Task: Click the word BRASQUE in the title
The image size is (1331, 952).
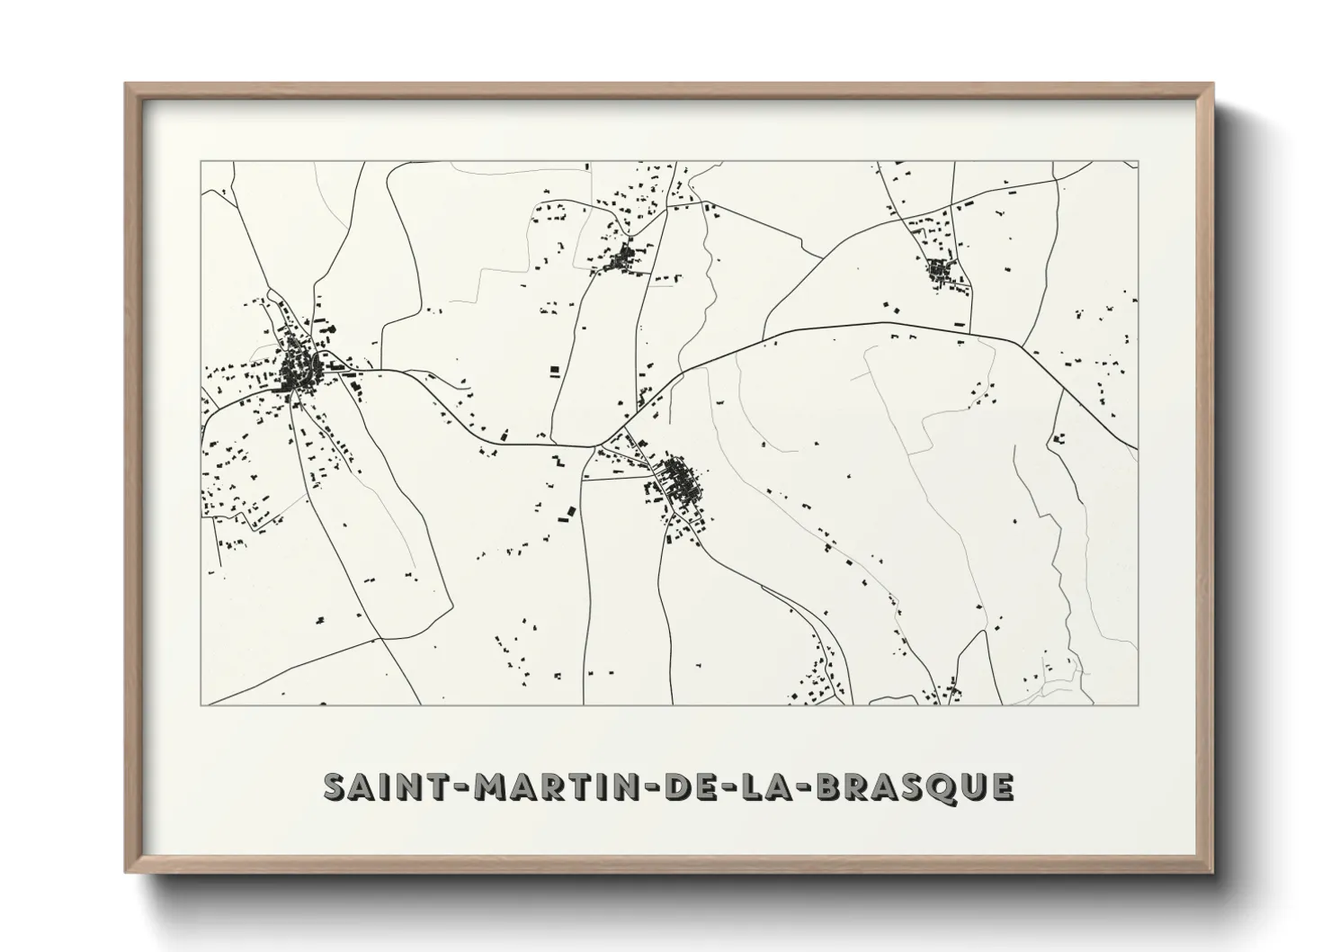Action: (x=914, y=786)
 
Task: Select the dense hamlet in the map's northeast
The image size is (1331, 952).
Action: (x=940, y=268)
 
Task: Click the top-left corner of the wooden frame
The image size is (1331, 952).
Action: (x=126, y=85)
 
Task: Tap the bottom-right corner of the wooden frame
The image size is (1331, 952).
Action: (x=1213, y=872)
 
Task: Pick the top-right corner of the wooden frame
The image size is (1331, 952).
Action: (x=1213, y=85)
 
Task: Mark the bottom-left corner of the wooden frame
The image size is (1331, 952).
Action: (x=126, y=872)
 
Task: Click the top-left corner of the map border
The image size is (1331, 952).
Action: (x=201, y=161)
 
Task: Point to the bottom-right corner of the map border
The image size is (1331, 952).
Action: (x=1139, y=705)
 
